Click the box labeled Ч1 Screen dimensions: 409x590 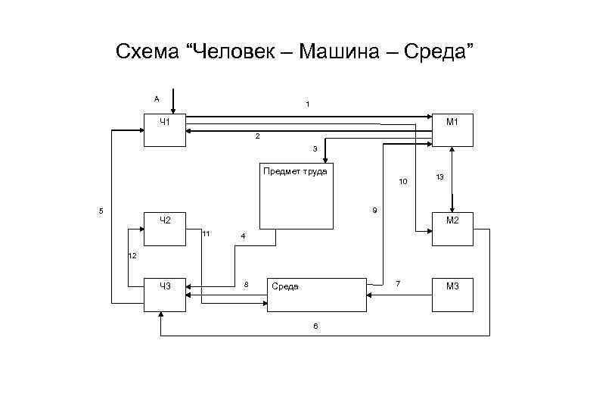[x=165, y=130]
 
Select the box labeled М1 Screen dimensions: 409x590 [x=453, y=130]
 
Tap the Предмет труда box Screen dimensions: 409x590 [x=296, y=195]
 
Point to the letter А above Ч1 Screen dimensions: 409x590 [x=157, y=98]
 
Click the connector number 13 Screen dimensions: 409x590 [x=439, y=176]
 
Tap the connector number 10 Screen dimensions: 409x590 [x=403, y=182]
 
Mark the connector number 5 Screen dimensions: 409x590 [x=101, y=210]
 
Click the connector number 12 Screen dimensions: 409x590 [x=132, y=256]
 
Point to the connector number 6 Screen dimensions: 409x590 [x=316, y=326]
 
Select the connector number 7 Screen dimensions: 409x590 [x=398, y=283]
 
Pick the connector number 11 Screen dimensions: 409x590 [x=206, y=233]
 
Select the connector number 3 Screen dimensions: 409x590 [x=315, y=148]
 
